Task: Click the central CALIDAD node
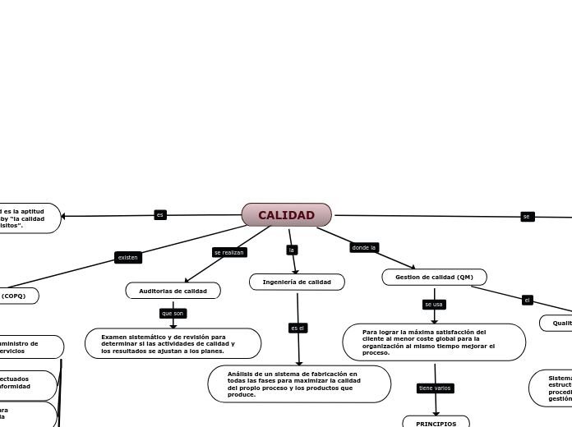[x=286, y=215]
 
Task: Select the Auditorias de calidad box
[x=173, y=291]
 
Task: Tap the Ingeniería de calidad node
[x=297, y=282]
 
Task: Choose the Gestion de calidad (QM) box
[x=434, y=277]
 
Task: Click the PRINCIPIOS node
[x=436, y=423]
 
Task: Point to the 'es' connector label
[x=160, y=215]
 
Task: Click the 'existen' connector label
[x=128, y=257]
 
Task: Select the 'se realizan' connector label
[x=228, y=252]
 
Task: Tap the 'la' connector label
[x=291, y=250]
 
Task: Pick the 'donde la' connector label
[x=363, y=247]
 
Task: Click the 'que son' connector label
[x=173, y=313]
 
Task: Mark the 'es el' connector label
[x=298, y=328]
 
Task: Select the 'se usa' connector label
[x=433, y=304]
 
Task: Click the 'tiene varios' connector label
[x=435, y=388]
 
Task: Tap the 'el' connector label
[x=527, y=300]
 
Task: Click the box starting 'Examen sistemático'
[x=173, y=344]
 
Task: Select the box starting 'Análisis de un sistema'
[x=299, y=383]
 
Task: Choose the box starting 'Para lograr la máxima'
[x=434, y=342]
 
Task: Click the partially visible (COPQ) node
[x=16, y=296]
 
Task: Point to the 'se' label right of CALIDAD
[x=527, y=217]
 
